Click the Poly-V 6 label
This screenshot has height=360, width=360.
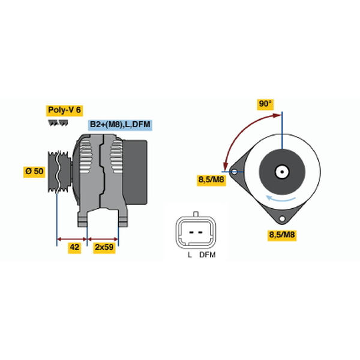(x=65, y=110)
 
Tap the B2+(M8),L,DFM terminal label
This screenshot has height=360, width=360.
(x=120, y=125)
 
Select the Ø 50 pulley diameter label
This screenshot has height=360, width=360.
(x=34, y=172)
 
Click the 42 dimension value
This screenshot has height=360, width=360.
(x=74, y=247)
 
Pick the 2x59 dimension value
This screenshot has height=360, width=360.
(x=104, y=247)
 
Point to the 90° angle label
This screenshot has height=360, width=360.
(x=265, y=104)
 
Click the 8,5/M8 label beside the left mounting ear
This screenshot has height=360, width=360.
(x=211, y=179)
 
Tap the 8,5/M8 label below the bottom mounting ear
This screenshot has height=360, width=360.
(x=282, y=235)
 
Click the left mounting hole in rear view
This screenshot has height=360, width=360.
(x=234, y=172)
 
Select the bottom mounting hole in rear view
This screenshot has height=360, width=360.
(x=282, y=219)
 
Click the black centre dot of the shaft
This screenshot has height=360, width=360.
(x=282, y=172)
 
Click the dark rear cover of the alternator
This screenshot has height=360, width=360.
(x=136, y=172)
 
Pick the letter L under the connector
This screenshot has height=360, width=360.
(x=190, y=255)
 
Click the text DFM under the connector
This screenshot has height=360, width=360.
(x=208, y=255)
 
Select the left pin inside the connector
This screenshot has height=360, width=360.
(x=191, y=232)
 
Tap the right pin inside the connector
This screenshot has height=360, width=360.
(x=200, y=232)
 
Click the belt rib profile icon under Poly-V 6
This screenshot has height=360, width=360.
(x=58, y=123)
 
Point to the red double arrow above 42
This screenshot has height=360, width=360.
(x=72, y=239)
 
